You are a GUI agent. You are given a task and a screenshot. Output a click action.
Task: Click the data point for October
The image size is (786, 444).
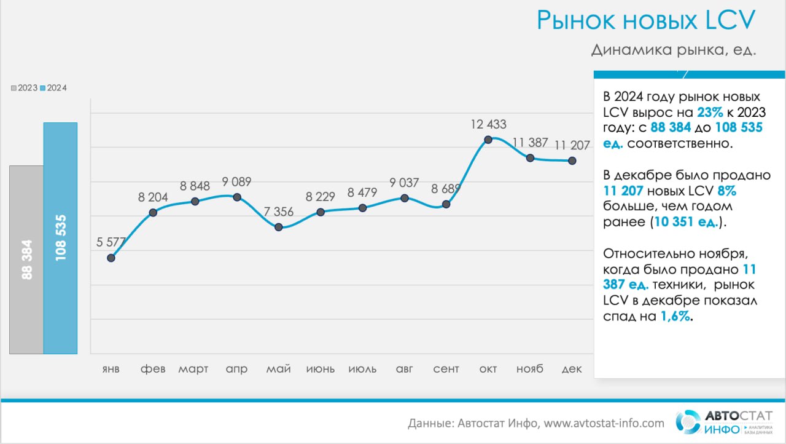pos(488,140)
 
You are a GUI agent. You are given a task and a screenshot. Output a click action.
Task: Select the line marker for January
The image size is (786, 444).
pos(111,258)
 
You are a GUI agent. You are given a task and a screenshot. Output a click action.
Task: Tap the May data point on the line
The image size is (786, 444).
pos(279,228)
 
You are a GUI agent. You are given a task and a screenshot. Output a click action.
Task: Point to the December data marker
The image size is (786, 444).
pos(572,161)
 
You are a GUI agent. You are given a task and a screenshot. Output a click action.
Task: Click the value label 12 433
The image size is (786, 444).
pos(488,124)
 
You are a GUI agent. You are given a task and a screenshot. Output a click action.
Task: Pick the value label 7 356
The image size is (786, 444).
pos(279,212)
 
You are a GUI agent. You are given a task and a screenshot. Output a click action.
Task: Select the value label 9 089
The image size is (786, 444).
pos(236,182)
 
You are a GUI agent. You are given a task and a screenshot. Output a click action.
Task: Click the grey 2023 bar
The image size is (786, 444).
pos(26,260)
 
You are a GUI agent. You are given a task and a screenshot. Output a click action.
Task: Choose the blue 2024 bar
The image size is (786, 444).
pos(60,238)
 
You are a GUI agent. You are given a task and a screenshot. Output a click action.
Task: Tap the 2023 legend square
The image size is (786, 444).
pos(14,88)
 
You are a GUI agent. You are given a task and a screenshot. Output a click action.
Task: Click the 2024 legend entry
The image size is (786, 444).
pos(53,88)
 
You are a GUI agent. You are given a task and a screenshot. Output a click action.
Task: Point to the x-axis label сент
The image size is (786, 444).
pos(446,369)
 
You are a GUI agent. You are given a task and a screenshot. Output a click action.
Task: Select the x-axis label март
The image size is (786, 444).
pos(193,370)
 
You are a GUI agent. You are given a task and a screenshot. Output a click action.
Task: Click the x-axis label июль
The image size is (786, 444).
pos(362,369)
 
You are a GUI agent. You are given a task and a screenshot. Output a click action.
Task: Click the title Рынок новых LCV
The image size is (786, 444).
pos(646,20)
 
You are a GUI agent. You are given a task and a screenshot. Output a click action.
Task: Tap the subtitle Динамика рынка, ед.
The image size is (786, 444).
pos(674,50)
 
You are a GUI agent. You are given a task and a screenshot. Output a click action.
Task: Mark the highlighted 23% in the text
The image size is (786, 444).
pos(710,113)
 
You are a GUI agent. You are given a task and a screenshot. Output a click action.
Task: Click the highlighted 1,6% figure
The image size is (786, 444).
pos(675,317)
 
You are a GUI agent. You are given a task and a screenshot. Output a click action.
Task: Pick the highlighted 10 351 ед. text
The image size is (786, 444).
pos(686,222)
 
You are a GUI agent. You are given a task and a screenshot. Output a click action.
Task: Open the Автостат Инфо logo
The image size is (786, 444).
pos(724,422)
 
